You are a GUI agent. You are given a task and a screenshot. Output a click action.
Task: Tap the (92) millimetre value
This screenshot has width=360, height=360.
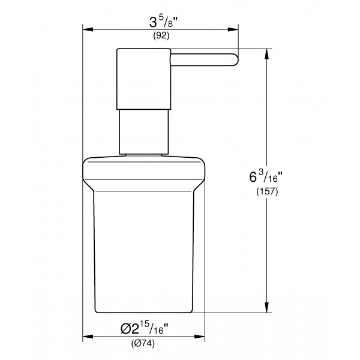[x=161, y=35]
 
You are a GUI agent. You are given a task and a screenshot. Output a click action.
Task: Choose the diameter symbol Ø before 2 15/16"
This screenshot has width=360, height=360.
[x=127, y=329]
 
